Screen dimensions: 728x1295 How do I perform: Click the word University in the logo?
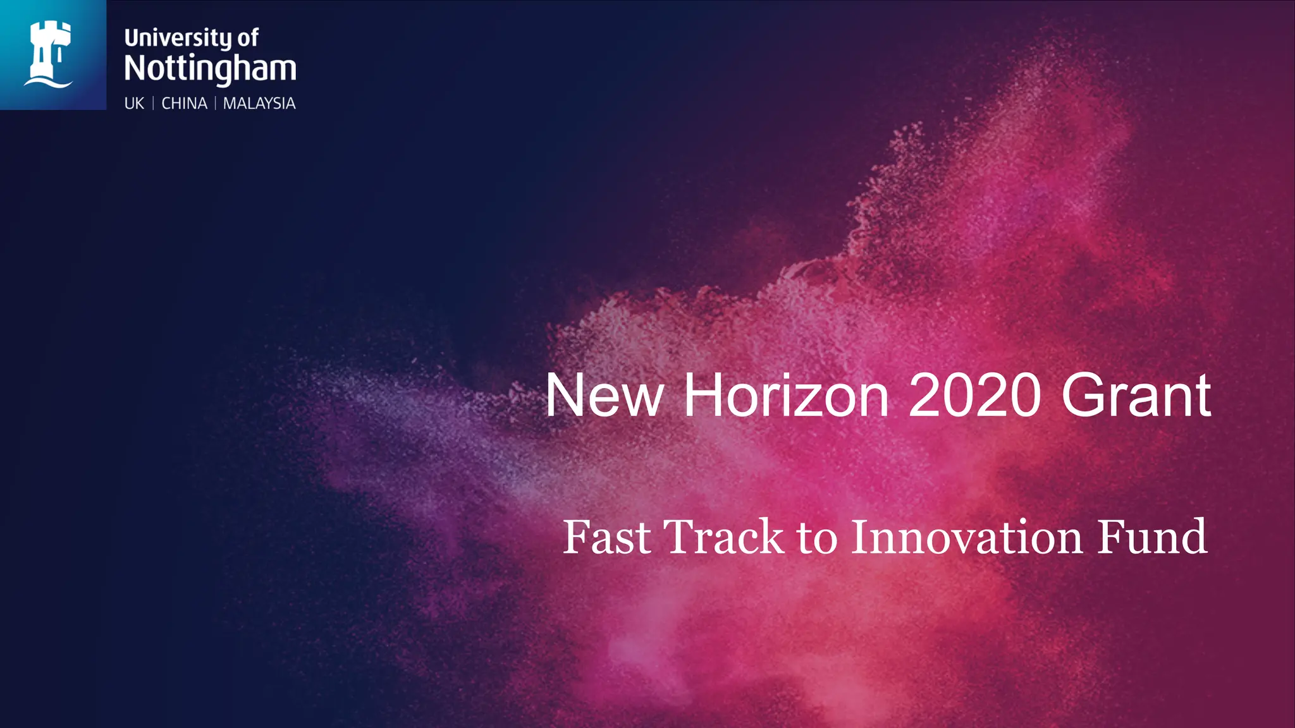click(178, 38)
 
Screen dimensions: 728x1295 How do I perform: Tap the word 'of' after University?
click(248, 38)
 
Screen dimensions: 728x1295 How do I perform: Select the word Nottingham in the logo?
click(210, 68)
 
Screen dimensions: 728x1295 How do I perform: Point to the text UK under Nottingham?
click(134, 103)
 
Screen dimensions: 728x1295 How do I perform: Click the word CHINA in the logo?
click(184, 103)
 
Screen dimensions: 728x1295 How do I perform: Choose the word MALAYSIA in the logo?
click(259, 103)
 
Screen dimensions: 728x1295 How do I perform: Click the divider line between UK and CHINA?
click(153, 103)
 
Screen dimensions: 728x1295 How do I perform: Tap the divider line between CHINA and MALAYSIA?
click(215, 103)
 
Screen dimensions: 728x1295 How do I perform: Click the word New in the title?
click(604, 396)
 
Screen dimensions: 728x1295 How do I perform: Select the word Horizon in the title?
click(786, 396)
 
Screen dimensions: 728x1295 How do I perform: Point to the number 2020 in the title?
click(974, 396)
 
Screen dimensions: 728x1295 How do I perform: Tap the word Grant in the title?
click(1136, 396)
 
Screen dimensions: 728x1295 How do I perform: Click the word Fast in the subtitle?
click(606, 537)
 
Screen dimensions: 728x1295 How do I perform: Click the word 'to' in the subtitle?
click(817, 537)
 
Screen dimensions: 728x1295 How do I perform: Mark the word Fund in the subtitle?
click(1151, 537)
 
